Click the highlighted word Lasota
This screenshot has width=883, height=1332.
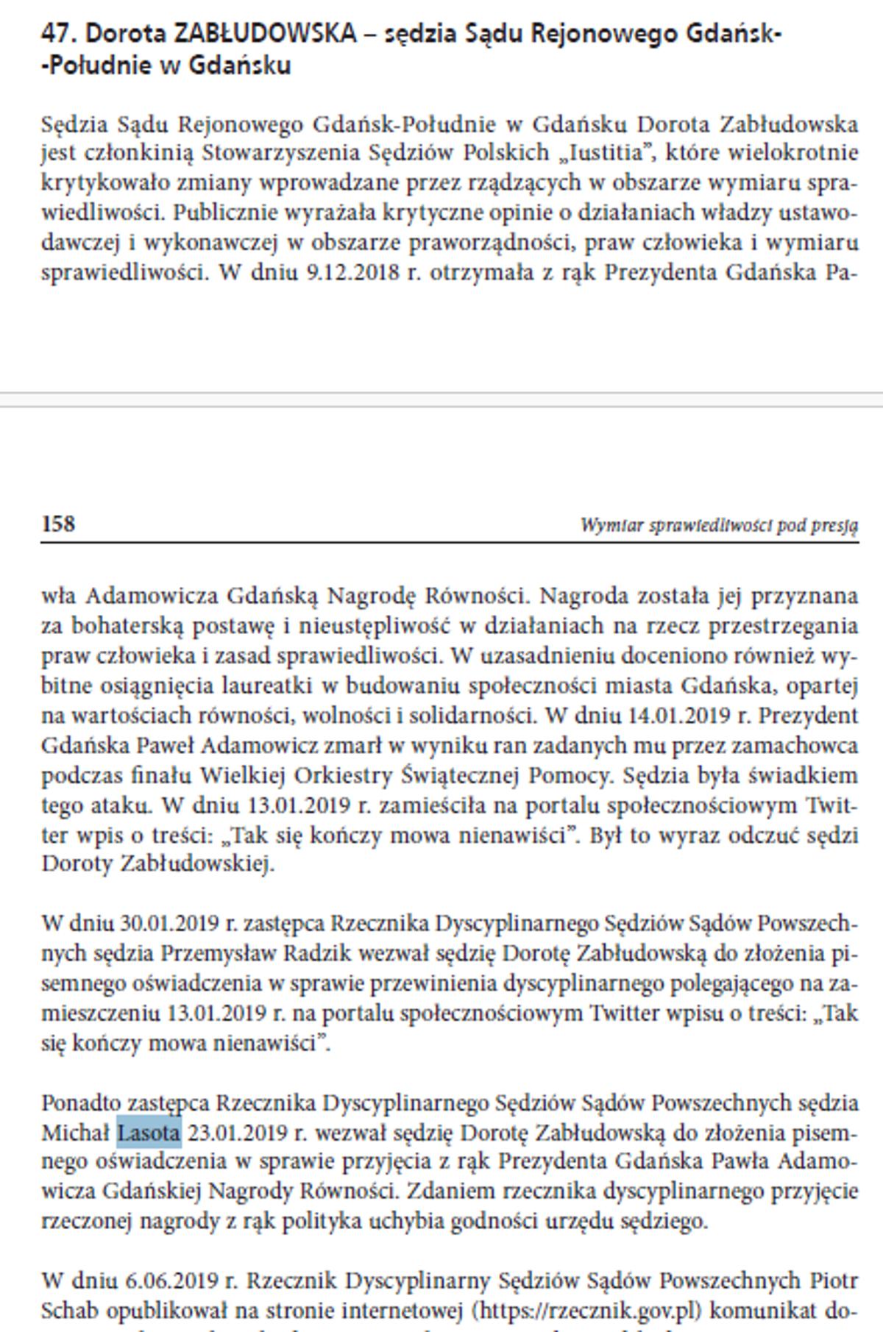point(149,1133)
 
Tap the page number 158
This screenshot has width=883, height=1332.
point(58,524)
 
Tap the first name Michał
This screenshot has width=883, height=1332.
point(76,1133)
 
